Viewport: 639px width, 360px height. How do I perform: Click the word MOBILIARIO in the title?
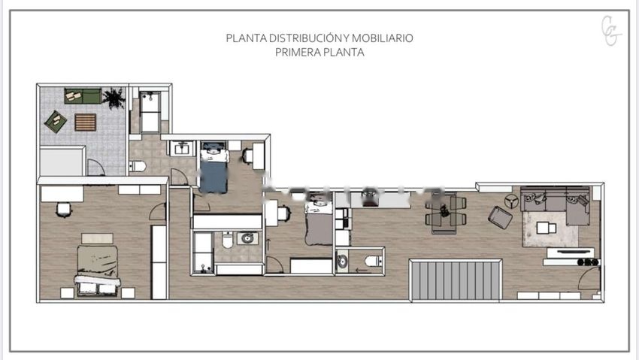[x=382, y=38]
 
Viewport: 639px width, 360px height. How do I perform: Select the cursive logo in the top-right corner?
[x=611, y=31]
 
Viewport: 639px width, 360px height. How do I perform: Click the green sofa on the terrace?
[x=83, y=95]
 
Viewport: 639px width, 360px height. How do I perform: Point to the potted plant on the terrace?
[x=114, y=98]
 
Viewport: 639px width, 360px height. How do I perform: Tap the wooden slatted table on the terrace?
[x=86, y=123]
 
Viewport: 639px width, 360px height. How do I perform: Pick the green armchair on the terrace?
[x=56, y=121]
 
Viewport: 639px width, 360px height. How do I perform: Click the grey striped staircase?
[x=456, y=280]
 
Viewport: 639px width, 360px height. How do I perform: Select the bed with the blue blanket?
[x=214, y=167]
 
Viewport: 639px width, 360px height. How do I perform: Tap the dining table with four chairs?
[x=446, y=212]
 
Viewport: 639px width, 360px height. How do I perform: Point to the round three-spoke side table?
[x=511, y=201]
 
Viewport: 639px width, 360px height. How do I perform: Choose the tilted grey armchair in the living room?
[x=501, y=217]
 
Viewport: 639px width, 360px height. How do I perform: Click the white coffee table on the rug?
[x=546, y=228]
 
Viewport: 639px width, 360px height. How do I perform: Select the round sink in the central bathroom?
[x=247, y=238]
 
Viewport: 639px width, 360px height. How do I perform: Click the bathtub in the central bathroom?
[x=202, y=252]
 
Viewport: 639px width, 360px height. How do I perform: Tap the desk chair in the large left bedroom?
[x=64, y=210]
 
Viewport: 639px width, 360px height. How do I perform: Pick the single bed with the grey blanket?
[x=319, y=223]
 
